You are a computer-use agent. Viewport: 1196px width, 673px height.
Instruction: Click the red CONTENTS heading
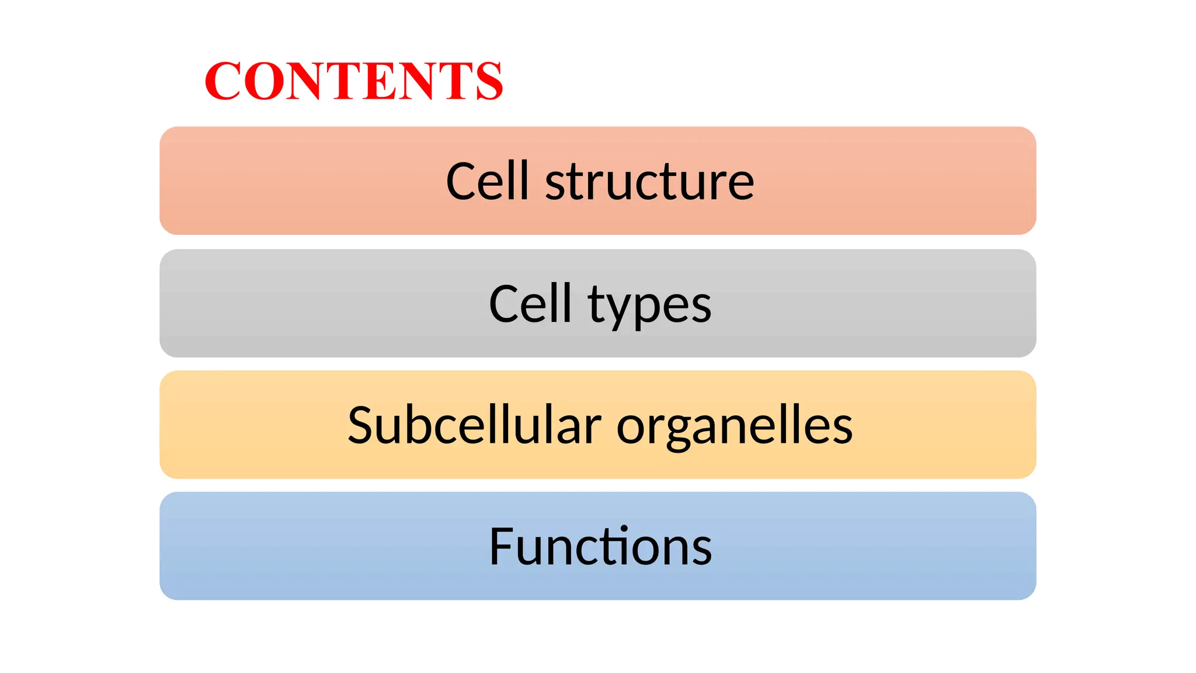click(353, 81)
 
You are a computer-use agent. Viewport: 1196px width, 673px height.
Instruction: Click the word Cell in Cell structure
click(487, 181)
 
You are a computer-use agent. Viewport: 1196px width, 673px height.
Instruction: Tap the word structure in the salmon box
click(649, 182)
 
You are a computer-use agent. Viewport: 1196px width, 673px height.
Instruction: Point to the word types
click(649, 306)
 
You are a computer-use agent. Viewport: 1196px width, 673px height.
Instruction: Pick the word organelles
click(735, 428)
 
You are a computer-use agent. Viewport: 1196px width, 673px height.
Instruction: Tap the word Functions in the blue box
click(600, 547)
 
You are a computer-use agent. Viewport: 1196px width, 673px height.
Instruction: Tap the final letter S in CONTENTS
click(489, 81)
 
